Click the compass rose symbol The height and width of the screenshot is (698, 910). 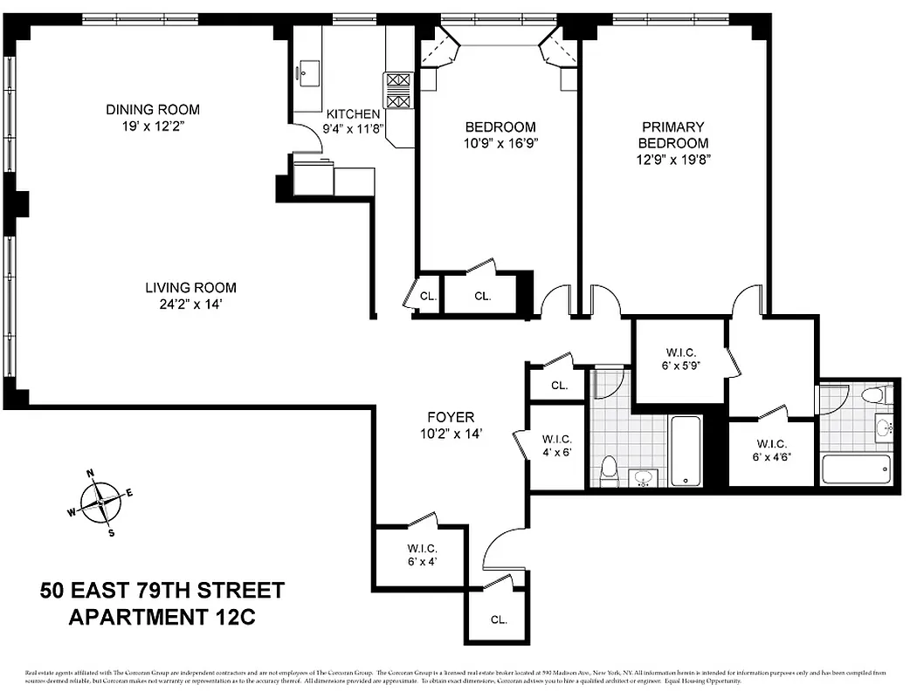coord(100,503)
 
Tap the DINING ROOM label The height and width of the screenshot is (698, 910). coord(153,110)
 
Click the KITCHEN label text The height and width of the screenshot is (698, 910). coord(353,114)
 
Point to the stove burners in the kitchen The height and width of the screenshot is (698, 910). coord(397,90)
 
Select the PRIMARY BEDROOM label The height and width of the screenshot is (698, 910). coord(672,135)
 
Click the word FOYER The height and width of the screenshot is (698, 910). coord(451,417)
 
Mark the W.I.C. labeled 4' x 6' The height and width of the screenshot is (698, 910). coord(556,445)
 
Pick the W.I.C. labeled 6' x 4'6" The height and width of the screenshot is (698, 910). coord(772,449)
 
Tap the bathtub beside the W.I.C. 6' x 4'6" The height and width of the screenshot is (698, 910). coord(856,469)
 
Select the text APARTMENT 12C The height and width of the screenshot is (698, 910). coord(162,617)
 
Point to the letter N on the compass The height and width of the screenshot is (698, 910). coord(90,474)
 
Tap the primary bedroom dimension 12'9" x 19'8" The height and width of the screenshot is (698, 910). coord(672,160)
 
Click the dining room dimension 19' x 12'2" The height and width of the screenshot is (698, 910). coord(153,127)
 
